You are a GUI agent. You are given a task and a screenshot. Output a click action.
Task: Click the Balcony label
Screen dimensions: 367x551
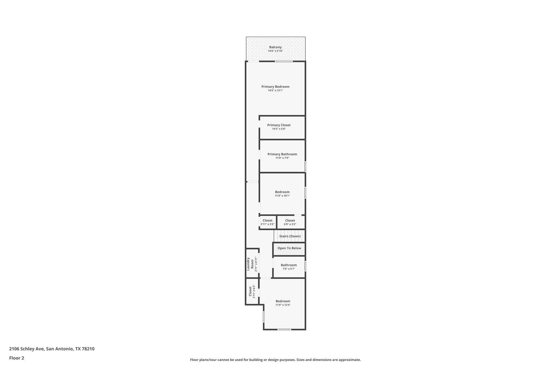275,47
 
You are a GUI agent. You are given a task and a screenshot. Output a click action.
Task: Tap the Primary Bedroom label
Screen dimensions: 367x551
275,87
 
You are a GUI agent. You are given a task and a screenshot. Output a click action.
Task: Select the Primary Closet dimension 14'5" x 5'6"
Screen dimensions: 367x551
279,129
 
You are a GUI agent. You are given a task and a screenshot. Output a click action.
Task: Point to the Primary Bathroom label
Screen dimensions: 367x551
282,154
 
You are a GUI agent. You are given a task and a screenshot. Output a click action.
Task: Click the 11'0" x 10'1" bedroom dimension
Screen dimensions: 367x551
282,196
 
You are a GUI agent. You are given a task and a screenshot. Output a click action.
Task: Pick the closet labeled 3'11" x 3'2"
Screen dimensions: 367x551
267,222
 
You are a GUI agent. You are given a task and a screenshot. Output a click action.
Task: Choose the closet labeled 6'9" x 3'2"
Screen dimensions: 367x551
290,222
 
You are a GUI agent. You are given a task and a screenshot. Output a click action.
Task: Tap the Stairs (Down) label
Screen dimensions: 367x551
290,236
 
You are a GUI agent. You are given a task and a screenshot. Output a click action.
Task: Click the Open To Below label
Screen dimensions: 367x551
289,248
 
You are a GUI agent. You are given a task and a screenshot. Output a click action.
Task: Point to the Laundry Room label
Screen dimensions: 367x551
250,264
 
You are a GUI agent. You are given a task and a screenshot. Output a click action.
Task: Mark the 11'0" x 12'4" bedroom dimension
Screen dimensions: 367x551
283,305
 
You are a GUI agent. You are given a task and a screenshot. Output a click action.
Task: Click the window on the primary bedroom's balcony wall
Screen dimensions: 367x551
284,61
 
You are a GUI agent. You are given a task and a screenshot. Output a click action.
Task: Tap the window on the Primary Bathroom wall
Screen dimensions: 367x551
305,166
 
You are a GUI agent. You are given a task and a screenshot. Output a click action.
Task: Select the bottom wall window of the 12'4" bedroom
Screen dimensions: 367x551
284,329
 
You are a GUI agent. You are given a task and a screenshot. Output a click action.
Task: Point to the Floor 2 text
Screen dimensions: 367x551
17,358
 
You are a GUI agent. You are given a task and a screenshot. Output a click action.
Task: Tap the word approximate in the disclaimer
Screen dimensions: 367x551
349,360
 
